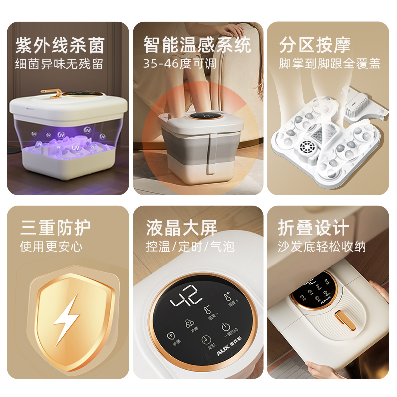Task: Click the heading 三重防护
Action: (56, 228)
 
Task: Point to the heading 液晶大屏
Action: (182, 229)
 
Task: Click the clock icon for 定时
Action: (205, 340)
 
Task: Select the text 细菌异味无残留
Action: (59, 64)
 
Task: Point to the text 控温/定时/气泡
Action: (190, 247)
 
